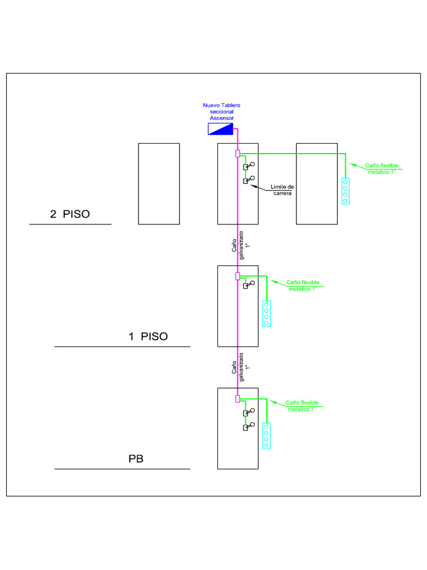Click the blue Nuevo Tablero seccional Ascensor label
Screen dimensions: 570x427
222,111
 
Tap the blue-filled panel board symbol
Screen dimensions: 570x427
221,129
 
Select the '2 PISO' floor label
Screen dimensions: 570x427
69,214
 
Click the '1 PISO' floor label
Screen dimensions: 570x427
148,336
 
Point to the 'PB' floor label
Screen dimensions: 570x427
136,459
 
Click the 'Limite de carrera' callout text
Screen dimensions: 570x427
282,190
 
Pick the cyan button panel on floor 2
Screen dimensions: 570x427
345,191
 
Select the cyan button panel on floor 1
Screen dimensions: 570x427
266,313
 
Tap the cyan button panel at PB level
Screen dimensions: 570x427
266,436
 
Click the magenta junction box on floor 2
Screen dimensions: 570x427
237,154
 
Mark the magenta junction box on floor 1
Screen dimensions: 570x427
237,276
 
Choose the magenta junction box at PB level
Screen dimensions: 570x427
237,399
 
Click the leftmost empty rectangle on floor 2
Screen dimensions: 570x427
158,184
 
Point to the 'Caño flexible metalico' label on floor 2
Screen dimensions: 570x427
381,168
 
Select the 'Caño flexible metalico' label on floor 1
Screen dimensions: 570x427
302,285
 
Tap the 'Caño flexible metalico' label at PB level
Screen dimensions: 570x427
302,405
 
